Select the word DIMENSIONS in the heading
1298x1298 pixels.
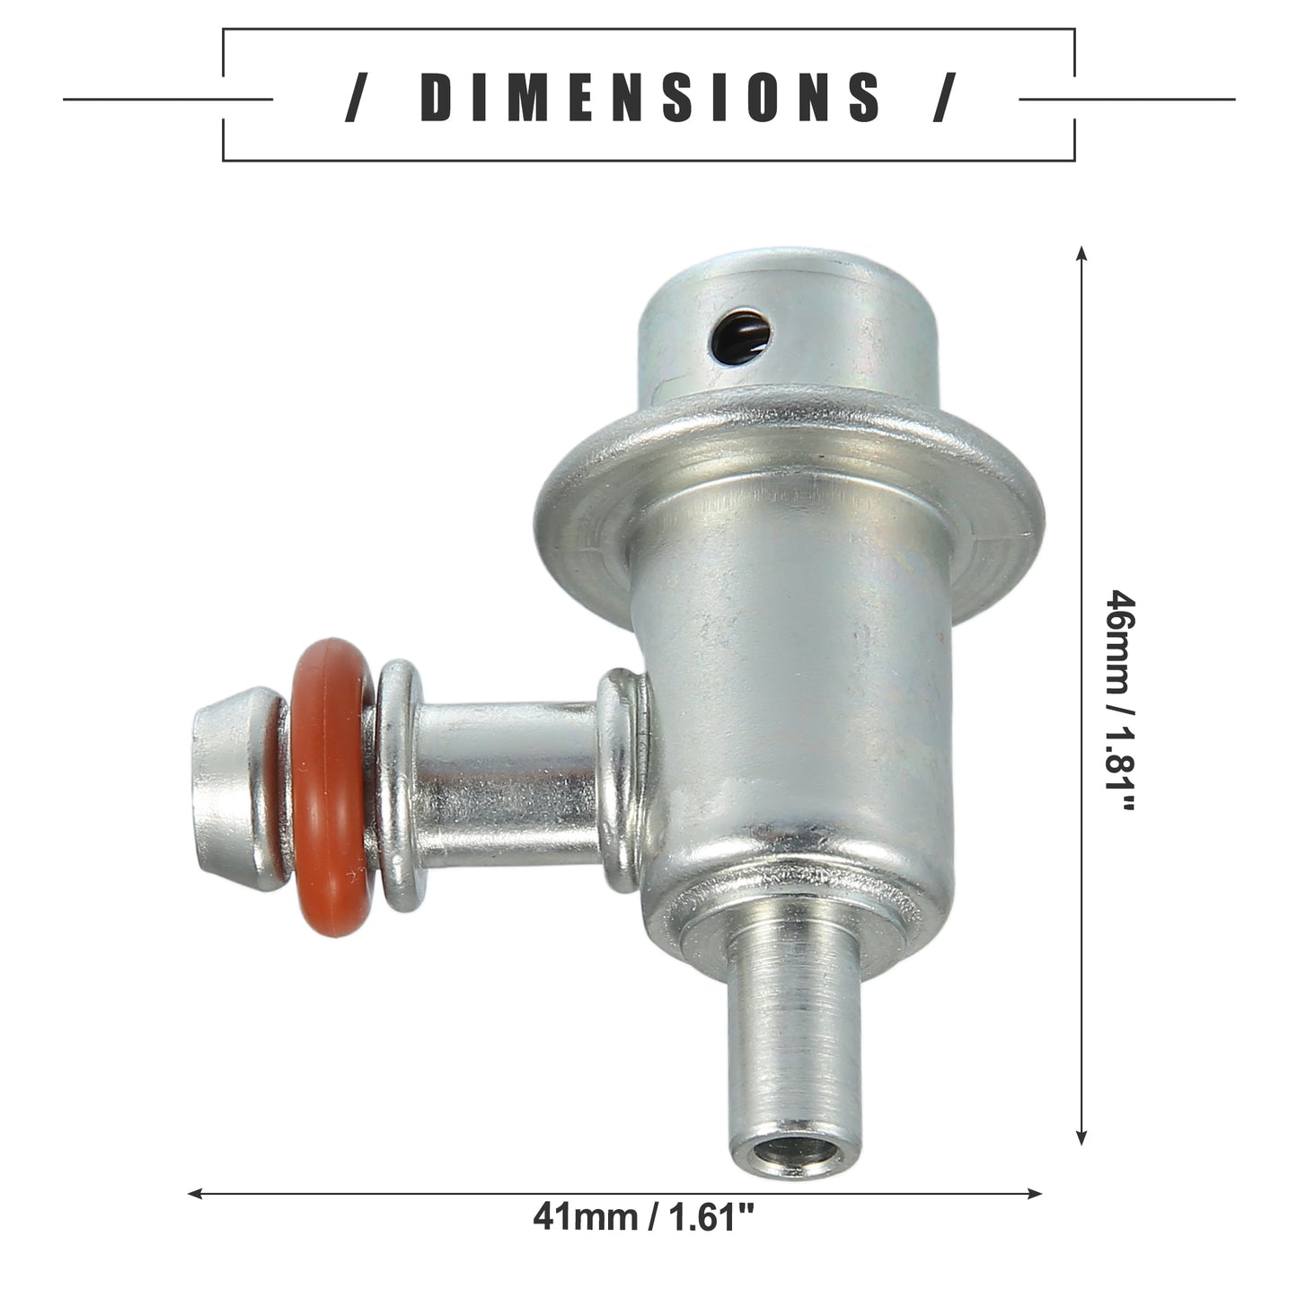pos(649,97)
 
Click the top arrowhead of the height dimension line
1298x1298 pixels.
pos(1082,254)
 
